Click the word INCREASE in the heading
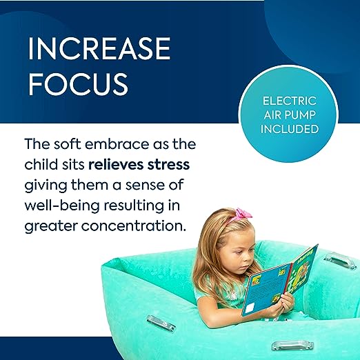coord(99,48)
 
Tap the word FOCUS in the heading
coord(78,83)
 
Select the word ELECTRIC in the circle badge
coord(290,101)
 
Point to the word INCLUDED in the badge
coord(290,129)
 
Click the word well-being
coord(62,206)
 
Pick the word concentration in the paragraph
coord(133,226)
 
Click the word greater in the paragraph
coord(51,227)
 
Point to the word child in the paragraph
coord(38,165)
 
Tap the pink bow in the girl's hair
coord(243,214)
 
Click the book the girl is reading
coord(279,281)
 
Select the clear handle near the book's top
coord(338,259)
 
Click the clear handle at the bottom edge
coord(292,345)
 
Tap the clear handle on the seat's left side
coord(161,323)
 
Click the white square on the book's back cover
coord(250,308)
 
